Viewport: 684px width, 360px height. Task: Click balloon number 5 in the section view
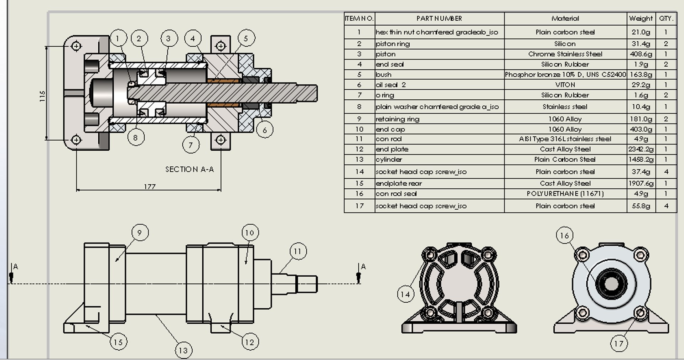[246, 38]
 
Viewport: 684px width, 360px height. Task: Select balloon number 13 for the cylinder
[183, 350]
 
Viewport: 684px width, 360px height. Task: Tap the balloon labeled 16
[565, 235]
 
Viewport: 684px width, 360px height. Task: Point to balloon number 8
[135, 137]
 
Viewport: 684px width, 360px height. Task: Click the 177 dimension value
[150, 186]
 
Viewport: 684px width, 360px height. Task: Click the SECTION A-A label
[190, 169]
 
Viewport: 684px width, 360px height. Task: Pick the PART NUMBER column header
[439, 19]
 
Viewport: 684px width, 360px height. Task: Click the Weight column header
[641, 19]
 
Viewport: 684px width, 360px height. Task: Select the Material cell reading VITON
[565, 85]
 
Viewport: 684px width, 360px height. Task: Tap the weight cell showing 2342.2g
[641, 149]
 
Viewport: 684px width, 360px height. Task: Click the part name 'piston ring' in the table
[393, 44]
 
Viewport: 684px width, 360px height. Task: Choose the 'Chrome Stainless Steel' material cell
[565, 54]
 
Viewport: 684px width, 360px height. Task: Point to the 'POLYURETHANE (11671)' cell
[565, 194]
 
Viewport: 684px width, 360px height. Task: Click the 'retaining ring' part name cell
[397, 119]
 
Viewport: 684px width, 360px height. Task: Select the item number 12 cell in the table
[359, 149]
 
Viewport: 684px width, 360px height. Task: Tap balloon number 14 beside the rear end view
[405, 294]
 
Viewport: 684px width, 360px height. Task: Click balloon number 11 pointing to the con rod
[298, 251]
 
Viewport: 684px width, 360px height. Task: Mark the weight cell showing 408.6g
[641, 54]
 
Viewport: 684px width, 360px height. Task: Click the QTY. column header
[666, 19]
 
